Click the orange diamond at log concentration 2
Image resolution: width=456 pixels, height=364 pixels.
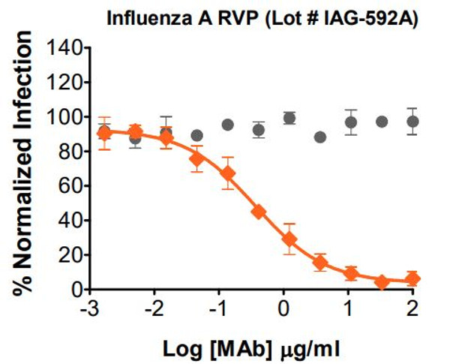coord(412,278)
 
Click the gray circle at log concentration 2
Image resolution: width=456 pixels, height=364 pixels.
coord(412,122)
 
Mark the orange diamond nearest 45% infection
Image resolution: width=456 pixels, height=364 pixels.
coord(259,212)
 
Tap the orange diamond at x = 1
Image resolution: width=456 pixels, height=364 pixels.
coord(350,273)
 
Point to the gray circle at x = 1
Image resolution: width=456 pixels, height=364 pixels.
coord(350,122)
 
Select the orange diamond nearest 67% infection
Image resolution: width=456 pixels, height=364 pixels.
coord(228,174)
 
